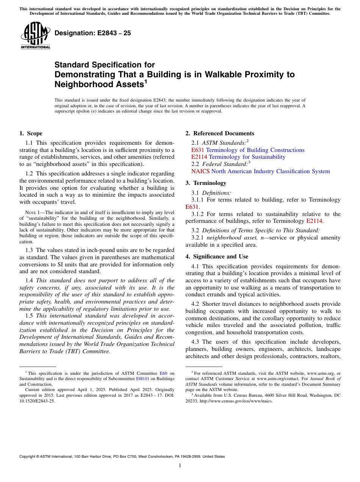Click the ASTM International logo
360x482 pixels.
coord(35,36)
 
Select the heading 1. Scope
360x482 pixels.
coord(31,133)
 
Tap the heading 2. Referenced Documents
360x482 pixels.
coord(220,133)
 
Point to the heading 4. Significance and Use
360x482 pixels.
coord(217,257)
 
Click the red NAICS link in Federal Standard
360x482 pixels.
coord(200,171)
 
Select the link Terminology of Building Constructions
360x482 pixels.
coord(255,150)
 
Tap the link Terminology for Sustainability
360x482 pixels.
coord(247,157)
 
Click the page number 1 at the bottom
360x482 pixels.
coord(180,466)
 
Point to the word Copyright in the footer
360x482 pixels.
coord(29,457)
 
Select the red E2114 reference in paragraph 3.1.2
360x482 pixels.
coord(314,221)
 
